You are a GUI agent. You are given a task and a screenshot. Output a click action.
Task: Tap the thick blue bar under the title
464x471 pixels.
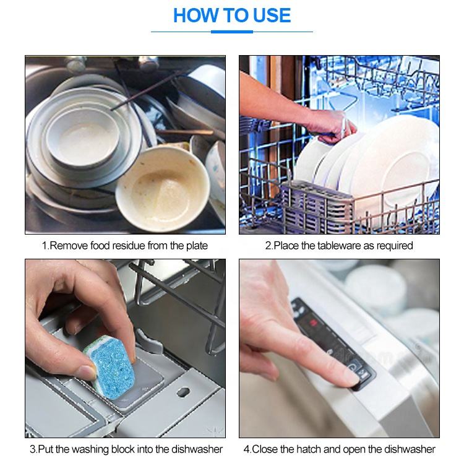(232, 32)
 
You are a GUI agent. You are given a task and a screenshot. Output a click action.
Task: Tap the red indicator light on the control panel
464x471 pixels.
(314, 323)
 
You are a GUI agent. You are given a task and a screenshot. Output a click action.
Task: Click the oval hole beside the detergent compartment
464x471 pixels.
(183, 392)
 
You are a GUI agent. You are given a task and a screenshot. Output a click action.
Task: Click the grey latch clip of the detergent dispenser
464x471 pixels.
(149, 341)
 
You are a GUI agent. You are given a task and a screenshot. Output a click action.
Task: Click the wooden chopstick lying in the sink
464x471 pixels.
(185, 132)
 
